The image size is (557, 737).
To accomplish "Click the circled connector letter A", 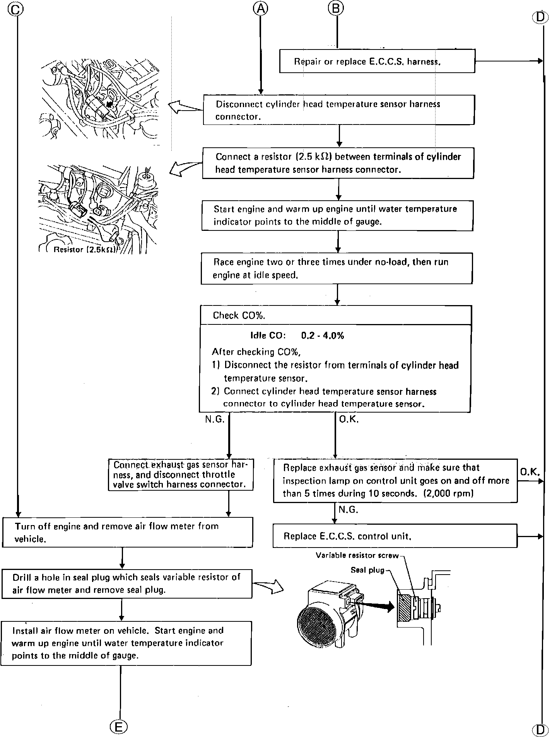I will click(x=261, y=8).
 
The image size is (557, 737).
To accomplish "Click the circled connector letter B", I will click(x=336, y=8).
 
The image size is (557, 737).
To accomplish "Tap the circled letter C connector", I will click(x=15, y=9).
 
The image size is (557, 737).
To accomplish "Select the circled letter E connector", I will click(x=118, y=727).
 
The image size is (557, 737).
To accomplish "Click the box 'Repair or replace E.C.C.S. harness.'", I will click(x=377, y=61).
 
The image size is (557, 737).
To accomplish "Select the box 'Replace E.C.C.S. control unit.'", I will click(x=395, y=536).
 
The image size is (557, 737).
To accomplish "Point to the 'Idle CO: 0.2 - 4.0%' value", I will click(x=297, y=335).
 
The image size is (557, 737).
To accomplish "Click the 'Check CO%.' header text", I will click(x=239, y=316).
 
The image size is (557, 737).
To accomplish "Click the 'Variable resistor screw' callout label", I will click(x=357, y=556).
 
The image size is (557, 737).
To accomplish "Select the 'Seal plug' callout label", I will click(x=367, y=570).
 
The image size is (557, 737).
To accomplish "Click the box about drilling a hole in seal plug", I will click(x=127, y=583).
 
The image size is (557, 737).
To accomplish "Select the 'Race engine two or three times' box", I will click(x=337, y=268).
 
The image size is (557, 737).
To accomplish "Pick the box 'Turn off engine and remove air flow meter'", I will click(x=128, y=532).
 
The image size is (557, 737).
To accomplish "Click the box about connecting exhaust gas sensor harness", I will click(x=181, y=474).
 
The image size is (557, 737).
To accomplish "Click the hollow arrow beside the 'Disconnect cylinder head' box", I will click(x=185, y=107).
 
